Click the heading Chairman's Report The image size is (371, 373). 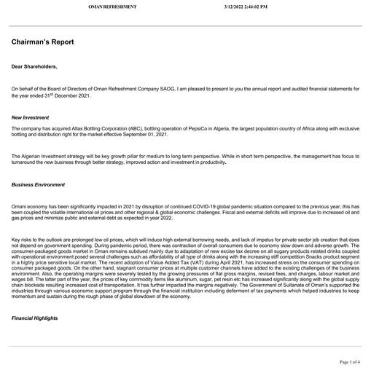[x=42, y=42]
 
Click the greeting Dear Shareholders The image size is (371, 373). [x=34, y=66]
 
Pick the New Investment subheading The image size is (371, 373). [x=30, y=117]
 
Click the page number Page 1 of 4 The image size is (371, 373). [x=354, y=362]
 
